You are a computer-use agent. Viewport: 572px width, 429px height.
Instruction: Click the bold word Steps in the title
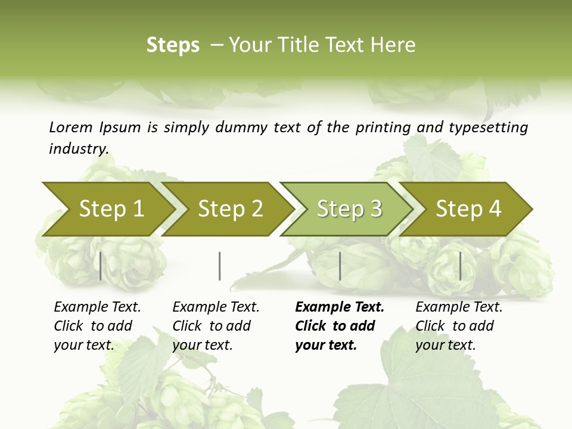coord(173,45)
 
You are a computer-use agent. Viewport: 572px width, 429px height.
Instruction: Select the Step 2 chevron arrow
coord(230,209)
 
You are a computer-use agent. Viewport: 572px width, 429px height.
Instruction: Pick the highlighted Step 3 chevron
coord(349,209)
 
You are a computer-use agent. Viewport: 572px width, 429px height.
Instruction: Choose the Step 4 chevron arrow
coord(468,209)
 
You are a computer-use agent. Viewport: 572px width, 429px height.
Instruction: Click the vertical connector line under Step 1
coord(100,266)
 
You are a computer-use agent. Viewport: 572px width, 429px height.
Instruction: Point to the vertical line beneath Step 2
coord(220,266)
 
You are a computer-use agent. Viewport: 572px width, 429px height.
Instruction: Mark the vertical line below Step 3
coord(340,266)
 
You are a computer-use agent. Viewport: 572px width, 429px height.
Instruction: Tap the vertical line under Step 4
coord(460,266)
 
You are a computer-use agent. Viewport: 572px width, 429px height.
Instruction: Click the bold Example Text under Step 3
coord(340,307)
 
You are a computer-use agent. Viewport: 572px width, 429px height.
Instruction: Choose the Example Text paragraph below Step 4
coord(459,326)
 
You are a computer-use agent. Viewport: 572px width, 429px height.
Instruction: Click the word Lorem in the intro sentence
coord(71,128)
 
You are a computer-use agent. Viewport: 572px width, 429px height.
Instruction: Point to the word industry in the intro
coord(79,149)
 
